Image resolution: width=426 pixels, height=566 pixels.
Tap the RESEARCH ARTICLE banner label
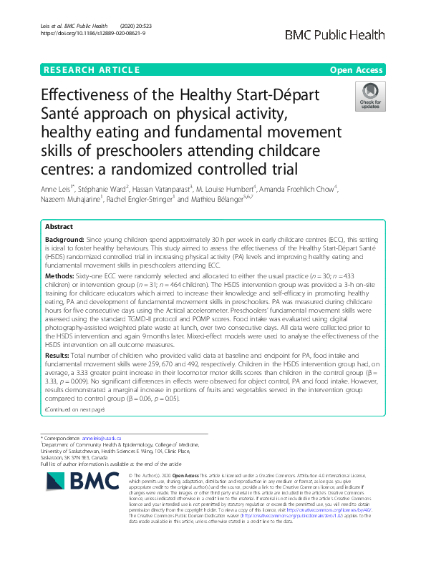[92, 70]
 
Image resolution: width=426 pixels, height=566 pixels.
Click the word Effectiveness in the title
[90, 97]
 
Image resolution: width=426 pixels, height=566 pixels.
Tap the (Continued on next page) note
[74, 409]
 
